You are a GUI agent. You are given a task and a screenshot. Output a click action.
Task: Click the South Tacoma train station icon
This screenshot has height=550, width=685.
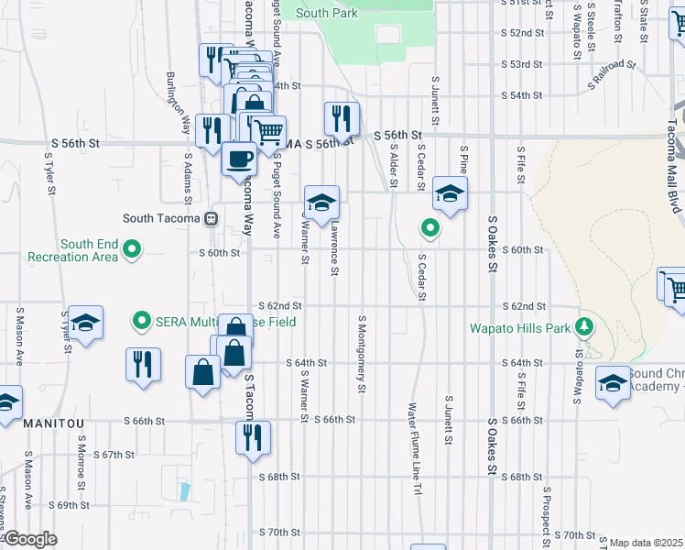coord(212,219)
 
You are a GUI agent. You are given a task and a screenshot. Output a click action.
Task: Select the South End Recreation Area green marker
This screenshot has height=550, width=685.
coord(133,248)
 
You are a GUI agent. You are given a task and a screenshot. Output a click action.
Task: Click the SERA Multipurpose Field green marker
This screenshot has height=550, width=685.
coord(141,321)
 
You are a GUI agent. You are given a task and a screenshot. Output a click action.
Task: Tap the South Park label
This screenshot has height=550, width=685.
coord(325,13)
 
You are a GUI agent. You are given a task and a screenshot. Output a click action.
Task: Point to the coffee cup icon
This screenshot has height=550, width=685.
coord(240,158)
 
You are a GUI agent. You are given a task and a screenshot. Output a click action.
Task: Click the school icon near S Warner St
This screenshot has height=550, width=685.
coord(321,203)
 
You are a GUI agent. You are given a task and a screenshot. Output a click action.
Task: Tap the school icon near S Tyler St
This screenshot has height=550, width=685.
coord(85,323)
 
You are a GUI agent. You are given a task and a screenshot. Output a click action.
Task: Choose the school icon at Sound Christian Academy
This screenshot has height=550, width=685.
coord(613,383)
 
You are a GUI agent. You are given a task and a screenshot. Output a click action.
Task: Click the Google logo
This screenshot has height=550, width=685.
coord(29,540)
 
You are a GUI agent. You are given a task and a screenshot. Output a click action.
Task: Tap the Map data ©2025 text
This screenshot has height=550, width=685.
coord(646,543)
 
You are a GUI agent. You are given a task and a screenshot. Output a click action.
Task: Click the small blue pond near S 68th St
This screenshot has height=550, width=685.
coord(186,491)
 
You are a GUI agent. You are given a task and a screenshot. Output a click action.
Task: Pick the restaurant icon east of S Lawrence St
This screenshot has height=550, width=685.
coord(341,118)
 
